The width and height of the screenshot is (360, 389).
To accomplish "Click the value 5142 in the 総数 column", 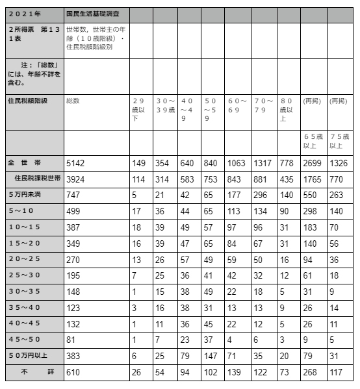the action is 76,162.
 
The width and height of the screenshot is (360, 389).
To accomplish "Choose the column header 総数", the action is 73,101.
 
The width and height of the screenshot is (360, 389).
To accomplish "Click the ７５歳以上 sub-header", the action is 339,142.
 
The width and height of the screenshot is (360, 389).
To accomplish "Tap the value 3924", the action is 76,177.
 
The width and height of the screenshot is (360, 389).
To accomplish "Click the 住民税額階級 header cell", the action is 27,101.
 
